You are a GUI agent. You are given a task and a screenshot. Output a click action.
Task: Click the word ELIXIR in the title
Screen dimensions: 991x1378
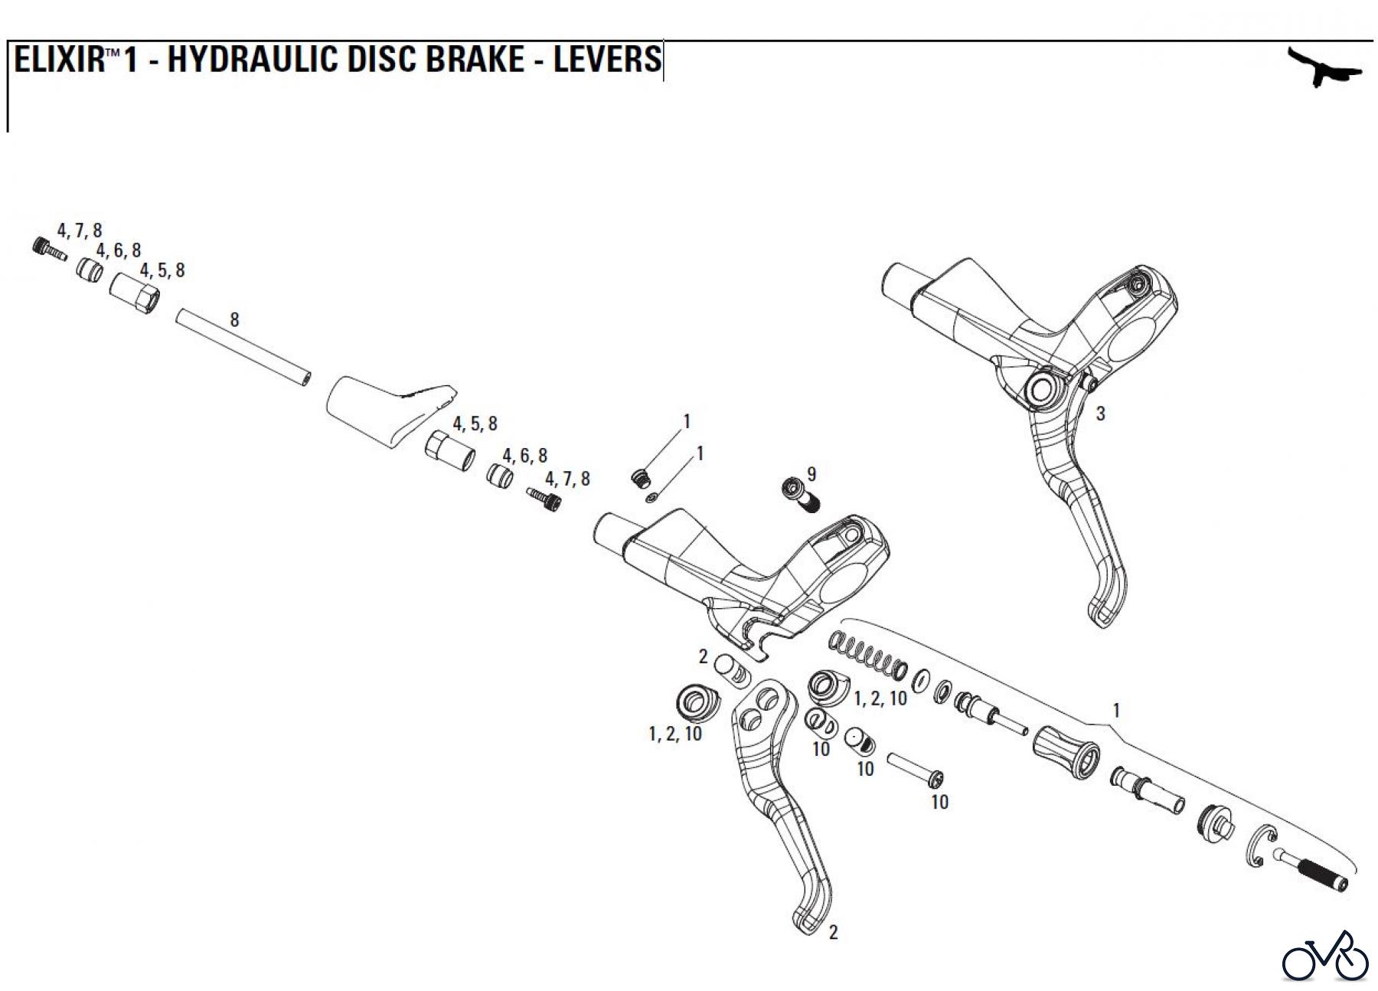(x=58, y=60)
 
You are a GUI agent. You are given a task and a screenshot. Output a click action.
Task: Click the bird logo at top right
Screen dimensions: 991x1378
(x=1324, y=68)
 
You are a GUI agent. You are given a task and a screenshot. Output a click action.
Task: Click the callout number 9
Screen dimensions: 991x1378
(x=811, y=474)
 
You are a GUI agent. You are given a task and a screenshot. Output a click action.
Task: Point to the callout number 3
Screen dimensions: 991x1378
(x=1100, y=414)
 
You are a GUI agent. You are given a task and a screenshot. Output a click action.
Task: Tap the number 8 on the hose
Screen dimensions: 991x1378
(x=234, y=319)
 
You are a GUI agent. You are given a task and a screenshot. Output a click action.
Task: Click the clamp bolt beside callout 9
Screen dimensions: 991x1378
(x=799, y=495)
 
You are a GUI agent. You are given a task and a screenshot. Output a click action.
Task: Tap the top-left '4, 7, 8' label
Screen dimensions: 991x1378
(x=79, y=231)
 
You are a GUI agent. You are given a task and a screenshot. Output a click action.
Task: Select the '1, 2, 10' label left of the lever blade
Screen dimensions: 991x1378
(x=674, y=734)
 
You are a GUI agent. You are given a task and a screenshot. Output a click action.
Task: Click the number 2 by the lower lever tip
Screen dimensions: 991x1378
(x=833, y=932)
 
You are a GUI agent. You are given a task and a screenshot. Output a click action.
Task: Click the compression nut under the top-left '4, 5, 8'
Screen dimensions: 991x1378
(x=136, y=292)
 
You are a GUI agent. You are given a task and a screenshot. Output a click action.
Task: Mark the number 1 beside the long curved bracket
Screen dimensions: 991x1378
(x=1115, y=711)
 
